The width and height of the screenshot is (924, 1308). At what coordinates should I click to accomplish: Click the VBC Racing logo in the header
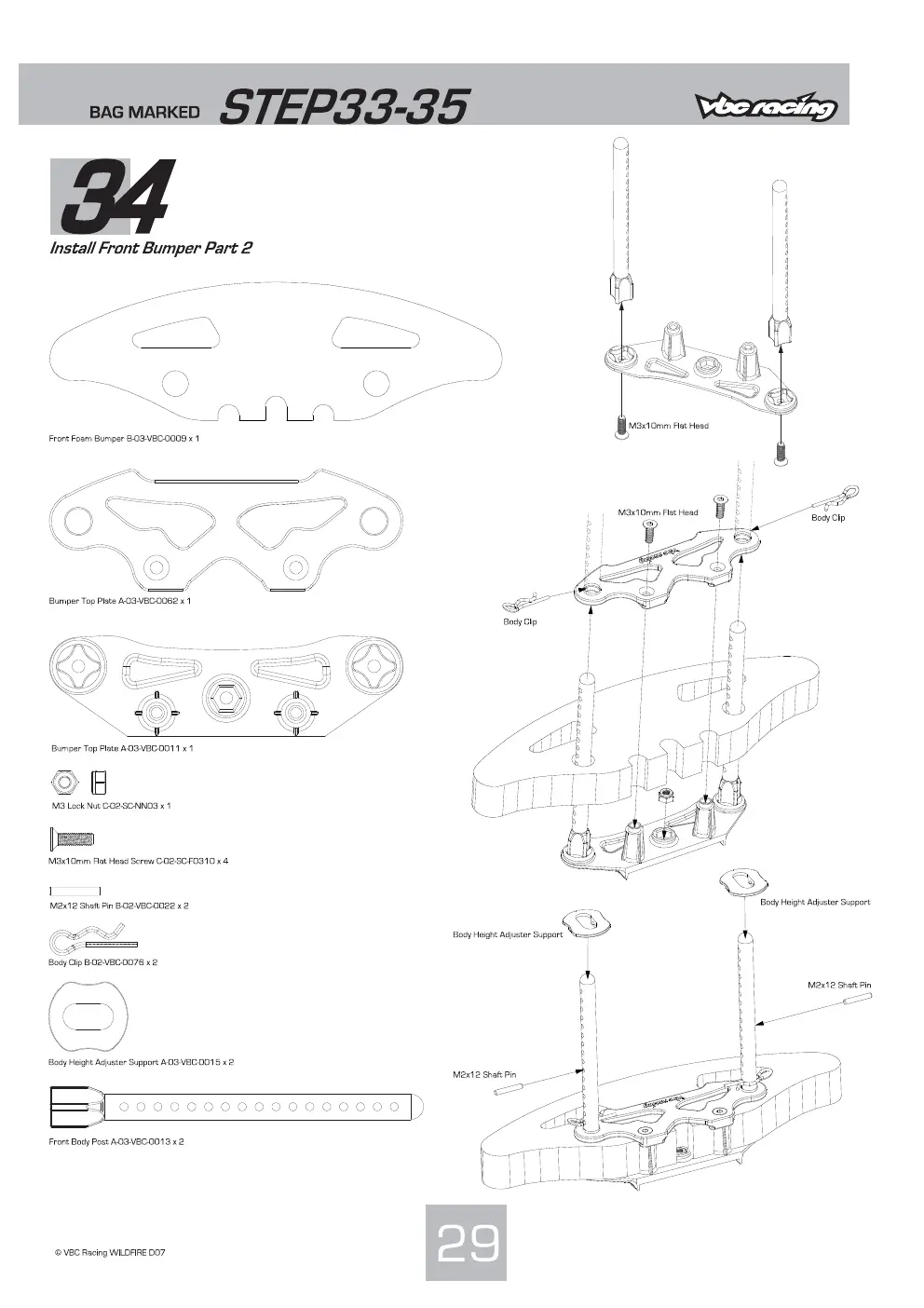coord(766,106)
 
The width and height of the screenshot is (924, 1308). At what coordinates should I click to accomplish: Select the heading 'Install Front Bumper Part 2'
coord(151,248)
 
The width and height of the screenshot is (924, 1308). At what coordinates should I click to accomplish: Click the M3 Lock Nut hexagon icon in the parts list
coord(61,782)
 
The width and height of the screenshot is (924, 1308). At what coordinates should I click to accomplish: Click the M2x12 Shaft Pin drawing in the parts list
coord(75,891)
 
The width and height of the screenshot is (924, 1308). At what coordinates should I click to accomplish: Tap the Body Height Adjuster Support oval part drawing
coord(88,1015)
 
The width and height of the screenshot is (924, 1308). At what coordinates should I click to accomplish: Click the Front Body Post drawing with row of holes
coord(237,1107)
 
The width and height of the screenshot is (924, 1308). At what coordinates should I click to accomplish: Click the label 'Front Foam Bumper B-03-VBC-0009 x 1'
coord(124,439)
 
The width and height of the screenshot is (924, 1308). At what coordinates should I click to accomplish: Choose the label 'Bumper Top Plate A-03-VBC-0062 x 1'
coord(119,601)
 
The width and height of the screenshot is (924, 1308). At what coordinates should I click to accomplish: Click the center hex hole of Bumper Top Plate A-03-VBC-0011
coord(226,697)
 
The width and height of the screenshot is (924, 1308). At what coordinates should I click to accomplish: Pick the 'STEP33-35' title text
coord(344,107)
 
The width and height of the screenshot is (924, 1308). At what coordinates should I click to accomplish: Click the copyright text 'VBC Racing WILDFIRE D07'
coord(110,1252)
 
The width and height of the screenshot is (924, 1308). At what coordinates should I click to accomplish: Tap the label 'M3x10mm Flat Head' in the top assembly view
coord(669,426)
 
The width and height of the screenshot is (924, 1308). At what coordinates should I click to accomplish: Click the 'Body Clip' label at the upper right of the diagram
coord(828,517)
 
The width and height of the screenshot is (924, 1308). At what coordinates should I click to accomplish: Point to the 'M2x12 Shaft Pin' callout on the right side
coord(839,985)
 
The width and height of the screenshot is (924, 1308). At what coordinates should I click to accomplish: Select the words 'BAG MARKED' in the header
coord(144,112)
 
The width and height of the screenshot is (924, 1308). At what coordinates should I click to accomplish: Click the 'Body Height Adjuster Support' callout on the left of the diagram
coord(508,934)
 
